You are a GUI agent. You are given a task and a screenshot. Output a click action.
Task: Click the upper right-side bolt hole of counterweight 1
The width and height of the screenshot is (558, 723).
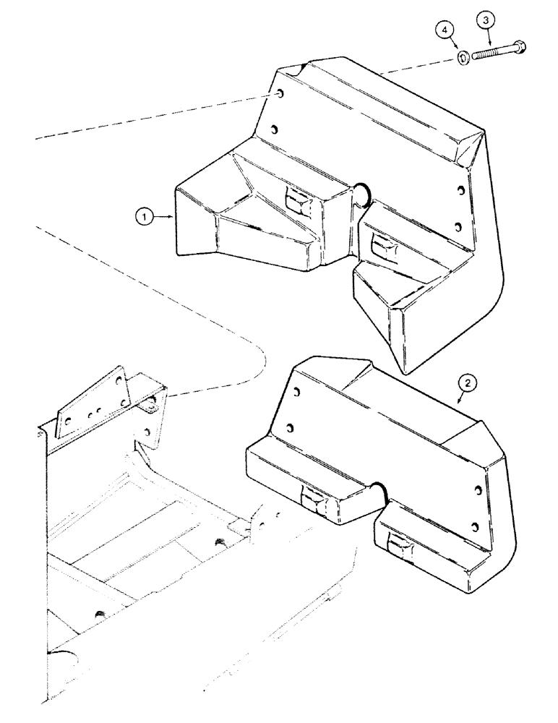click(460, 192)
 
